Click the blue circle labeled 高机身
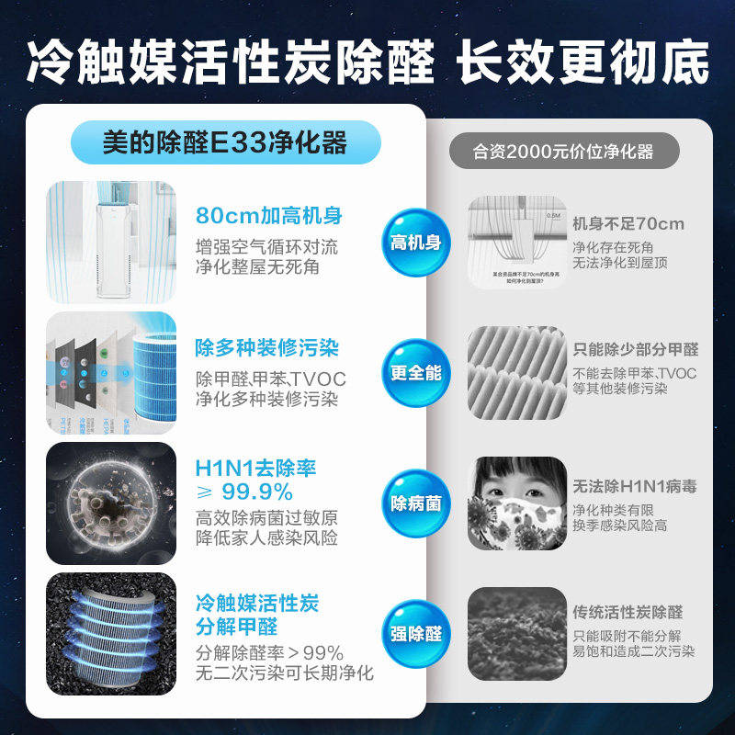point(415,243)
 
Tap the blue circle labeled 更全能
point(415,373)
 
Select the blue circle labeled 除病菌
point(415,503)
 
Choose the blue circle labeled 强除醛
point(415,634)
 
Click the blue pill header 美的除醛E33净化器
point(225,143)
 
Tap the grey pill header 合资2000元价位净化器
point(563,152)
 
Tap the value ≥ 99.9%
point(244,492)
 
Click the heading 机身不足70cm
point(628,224)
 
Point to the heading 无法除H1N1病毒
point(635,486)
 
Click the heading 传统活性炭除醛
point(628,612)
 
